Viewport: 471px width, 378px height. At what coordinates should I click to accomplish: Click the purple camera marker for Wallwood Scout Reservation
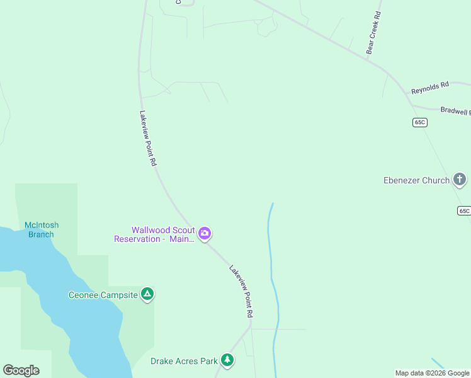pyautogui.click(x=204, y=234)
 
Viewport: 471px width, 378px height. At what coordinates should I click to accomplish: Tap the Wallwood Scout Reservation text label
pyautogui.click(x=154, y=234)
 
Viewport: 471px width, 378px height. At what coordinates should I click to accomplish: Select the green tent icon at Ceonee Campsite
pyautogui.click(x=147, y=294)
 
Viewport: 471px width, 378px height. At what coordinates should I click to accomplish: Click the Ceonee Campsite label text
pyautogui.click(x=102, y=295)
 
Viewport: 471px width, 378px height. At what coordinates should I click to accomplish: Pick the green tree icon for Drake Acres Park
pyautogui.click(x=227, y=360)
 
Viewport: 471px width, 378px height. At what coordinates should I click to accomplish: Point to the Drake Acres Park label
pyautogui.click(x=184, y=361)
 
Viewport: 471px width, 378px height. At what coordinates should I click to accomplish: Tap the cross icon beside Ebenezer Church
pyautogui.click(x=460, y=180)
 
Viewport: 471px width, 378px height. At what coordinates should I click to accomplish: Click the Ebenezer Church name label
pyautogui.click(x=416, y=180)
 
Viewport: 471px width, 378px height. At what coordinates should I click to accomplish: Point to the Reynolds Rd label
pyautogui.click(x=430, y=88)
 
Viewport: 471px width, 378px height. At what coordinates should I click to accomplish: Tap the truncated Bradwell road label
pyautogui.click(x=455, y=111)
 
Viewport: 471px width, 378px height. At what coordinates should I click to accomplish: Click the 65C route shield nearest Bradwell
pyautogui.click(x=421, y=122)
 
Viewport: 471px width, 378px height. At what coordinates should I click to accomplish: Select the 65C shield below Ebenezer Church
pyautogui.click(x=464, y=210)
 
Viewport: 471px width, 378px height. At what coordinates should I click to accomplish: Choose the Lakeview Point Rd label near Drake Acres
pyautogui.click(x=241, y=290)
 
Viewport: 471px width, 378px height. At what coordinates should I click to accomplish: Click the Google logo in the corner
pyautogui.click(x=21, y=370)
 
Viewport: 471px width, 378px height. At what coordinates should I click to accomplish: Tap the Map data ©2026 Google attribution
pyautogui.click(x=432, y=373)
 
